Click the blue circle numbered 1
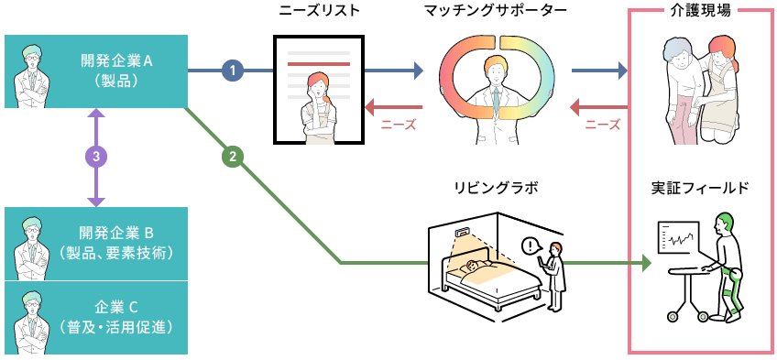(x=234, y=70)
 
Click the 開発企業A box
(x=96, y=71)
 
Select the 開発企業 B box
(x=96, y=243)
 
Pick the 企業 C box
(x=96, y=318)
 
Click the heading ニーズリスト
(x=318, y=12)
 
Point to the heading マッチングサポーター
(x=496, y=12)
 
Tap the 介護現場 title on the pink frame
(x=699, y=11)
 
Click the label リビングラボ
(x=496, y=189)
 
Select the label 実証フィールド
(x=700, y=189)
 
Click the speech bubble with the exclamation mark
(x=531, y=245)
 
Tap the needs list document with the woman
(x=318, y=89)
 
